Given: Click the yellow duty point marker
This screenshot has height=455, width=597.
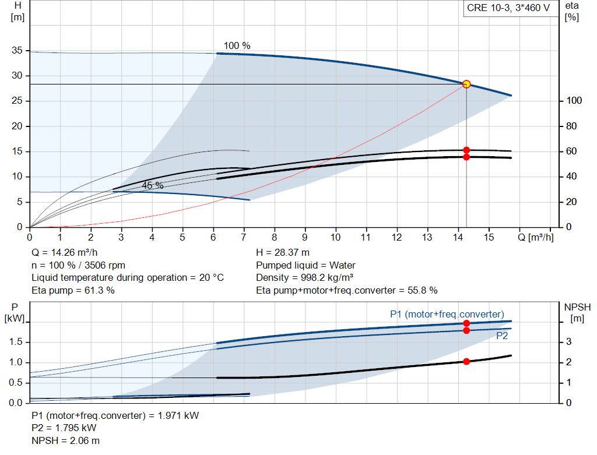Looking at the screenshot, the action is (x=466, y=84).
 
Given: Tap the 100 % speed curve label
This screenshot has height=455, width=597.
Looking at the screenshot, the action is (x=237, y=45).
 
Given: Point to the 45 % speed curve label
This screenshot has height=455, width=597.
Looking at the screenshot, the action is (x=153, y=185).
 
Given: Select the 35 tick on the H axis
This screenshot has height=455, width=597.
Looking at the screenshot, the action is (x=17, y=50).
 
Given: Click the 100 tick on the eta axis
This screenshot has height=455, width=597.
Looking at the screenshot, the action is (x=574, y=100).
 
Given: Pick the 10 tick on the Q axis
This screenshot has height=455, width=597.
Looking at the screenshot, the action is (x=335, y=237).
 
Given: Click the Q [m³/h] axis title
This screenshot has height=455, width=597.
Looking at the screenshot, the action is (x=536, y=237).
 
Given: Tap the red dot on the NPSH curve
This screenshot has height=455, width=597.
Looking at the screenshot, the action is (x=466, y=361).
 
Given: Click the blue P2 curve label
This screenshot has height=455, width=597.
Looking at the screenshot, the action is (x=502, y=336).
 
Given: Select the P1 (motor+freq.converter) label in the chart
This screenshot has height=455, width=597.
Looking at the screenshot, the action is (x=447, y=314).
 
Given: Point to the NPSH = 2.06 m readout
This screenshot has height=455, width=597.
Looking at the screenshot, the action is (x=65, y=440).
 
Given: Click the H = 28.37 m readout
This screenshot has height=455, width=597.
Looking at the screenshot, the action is (x=283, y=253).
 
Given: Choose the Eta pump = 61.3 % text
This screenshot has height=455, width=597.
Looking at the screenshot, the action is (x=73, y=290).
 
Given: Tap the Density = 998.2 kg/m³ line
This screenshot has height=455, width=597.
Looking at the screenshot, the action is (x=304, y=278).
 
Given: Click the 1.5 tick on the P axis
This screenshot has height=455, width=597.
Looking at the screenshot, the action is (x=16, y=341).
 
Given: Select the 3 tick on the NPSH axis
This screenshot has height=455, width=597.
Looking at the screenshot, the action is (x=568, y=341).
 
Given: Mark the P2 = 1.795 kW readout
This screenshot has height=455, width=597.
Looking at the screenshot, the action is (x=64, y=428).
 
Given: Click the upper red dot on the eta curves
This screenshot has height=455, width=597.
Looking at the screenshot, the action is (x=466, y=150).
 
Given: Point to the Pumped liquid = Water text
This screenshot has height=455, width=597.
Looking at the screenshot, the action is (x=305, y=265).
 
